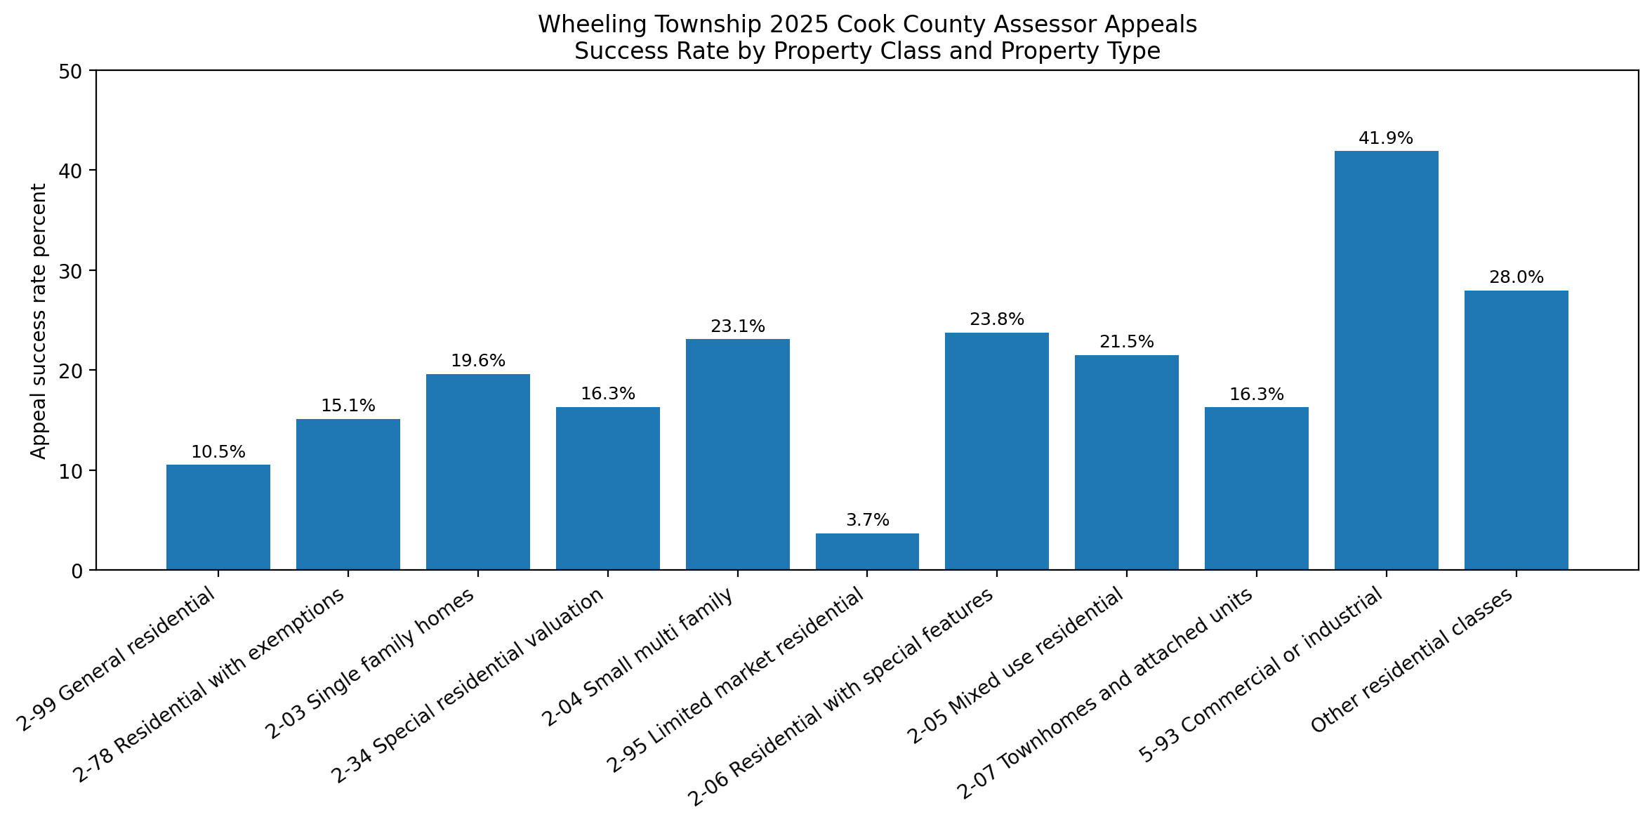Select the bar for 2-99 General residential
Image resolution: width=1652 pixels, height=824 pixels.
218,517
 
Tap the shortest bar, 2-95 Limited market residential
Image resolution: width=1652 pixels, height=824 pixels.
867,552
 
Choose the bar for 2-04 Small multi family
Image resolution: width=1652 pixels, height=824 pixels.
737,454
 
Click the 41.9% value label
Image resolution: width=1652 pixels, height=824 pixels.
1385,138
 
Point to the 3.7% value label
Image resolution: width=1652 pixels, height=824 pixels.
867,520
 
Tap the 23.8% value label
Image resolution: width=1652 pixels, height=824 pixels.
996,320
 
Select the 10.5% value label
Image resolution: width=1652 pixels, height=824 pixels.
218,452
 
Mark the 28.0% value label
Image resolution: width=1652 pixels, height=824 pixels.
1516,277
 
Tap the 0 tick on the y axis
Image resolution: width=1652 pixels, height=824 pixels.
77,571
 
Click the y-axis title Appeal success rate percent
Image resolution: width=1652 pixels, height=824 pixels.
39,321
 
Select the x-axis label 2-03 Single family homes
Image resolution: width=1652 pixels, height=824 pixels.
370,663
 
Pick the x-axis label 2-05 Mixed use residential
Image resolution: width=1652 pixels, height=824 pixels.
1015,666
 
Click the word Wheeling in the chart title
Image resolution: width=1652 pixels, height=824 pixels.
581,25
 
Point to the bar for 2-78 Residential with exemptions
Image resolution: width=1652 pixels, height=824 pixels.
348,494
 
